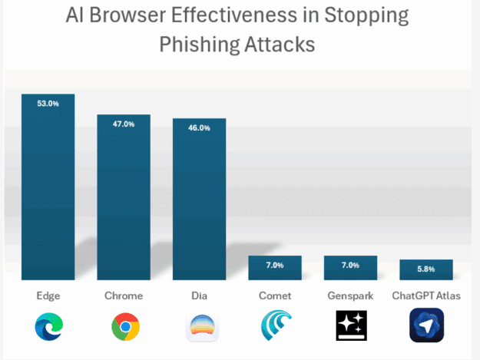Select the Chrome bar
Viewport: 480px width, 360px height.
[123, 200]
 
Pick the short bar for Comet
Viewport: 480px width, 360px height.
[274, 268]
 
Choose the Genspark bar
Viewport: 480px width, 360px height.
[350, 268]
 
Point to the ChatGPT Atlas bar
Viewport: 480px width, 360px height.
[425, 269]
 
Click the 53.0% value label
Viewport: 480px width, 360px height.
[48, 101]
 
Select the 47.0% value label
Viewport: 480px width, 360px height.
[123, 123]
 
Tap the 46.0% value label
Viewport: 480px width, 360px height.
[199, 127]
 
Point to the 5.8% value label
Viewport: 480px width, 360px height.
[425, 269]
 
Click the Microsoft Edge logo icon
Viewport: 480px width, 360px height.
[48, 327]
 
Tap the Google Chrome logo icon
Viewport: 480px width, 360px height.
[124, 327]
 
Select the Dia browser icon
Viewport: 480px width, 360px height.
[200, 327]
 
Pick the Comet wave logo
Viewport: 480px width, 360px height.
[276, 327]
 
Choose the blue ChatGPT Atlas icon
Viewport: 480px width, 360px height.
[426, 325]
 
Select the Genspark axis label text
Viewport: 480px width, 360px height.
[350, 296]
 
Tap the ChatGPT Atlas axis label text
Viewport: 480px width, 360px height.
[426, 296]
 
